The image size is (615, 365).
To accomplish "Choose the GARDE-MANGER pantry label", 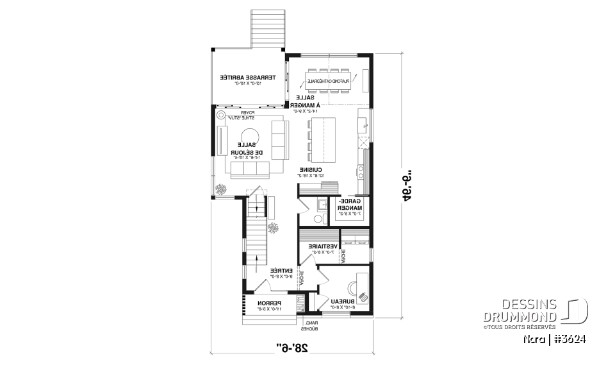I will click(x=350, y=205).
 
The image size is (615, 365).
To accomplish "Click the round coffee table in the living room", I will click(x=247, y=135).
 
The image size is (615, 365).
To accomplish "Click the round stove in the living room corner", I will click(x=221, y=116).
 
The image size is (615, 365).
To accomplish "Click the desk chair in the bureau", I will click(x=363, y=296).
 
